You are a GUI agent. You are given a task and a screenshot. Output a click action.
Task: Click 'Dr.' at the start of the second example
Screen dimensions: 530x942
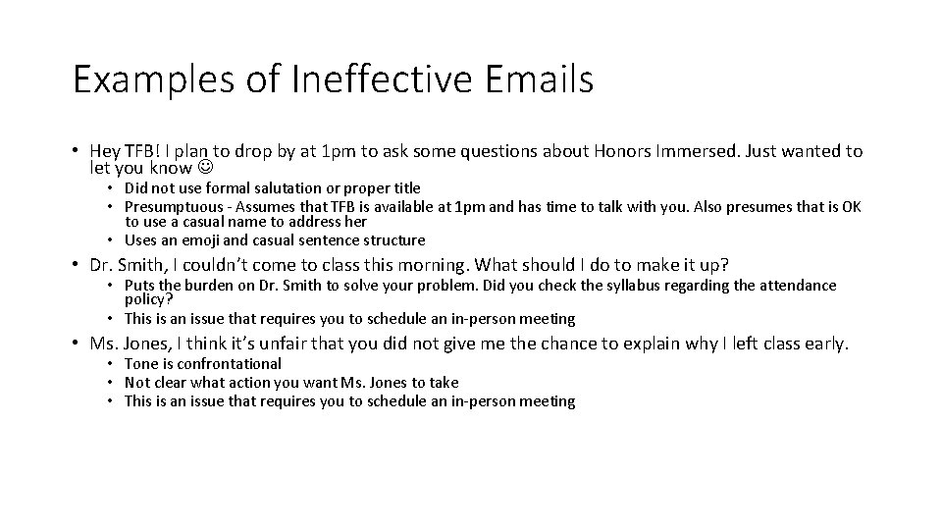(x=102, y=265)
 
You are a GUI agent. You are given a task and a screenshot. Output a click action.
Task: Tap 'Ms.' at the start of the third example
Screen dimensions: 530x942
(x=103, y=344)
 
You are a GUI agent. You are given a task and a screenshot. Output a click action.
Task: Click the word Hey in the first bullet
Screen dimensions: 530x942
(x=104, y=151)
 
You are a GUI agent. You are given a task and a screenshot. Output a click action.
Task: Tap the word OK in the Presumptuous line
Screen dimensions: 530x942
(x=851, y=206)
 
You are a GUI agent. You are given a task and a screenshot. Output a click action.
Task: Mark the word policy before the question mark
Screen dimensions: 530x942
(x=145, y=298)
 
